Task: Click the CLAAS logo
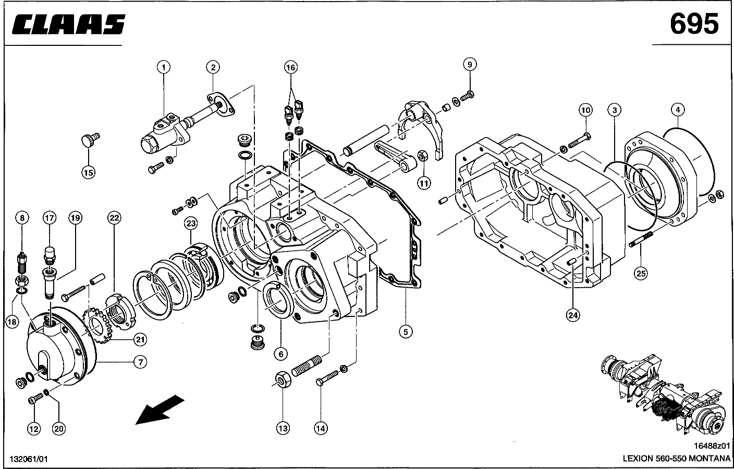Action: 68,24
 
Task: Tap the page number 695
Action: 694,24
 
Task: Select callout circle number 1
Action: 164,67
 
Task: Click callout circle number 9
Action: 470,64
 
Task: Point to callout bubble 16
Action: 291,67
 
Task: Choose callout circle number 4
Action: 678,109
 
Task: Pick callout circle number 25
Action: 641,273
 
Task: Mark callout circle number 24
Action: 573,315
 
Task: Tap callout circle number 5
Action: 406,332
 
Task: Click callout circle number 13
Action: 283,428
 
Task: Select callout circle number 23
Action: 191,224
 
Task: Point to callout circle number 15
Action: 89,172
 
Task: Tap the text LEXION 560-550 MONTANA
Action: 676,459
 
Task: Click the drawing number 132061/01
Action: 29,459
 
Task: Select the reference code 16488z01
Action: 712,446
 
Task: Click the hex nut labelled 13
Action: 283,379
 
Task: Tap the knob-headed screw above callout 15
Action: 90,140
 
